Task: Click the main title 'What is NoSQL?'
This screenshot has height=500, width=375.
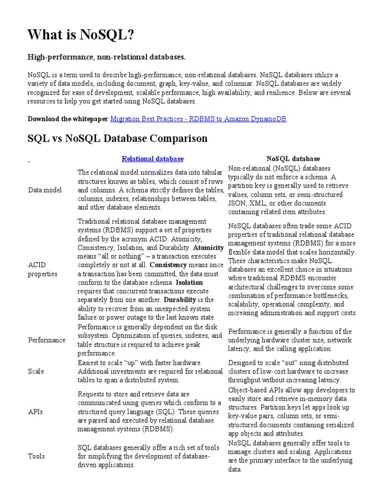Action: coord(80,35)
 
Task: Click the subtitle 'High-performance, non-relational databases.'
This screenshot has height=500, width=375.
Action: coord(106,58)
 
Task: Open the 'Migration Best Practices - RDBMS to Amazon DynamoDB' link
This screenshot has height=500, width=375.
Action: coord(199,119)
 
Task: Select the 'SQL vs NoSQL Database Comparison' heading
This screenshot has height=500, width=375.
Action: coord(118,139)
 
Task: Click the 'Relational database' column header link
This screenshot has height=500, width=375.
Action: coord(152,159)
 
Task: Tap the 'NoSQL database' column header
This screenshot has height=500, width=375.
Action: coord(293,159)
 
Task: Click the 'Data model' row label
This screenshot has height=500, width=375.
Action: coord(45,190)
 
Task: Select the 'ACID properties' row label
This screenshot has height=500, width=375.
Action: coord(42,269)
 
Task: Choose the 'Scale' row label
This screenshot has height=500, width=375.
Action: coord(36,371)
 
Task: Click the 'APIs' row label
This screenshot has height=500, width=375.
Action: coord(35,412)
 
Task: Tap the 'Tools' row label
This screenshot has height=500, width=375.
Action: coord(36,456)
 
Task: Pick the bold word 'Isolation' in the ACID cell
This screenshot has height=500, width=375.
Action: coord(189,283)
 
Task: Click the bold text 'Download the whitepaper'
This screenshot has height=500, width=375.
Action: coord(68,119)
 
